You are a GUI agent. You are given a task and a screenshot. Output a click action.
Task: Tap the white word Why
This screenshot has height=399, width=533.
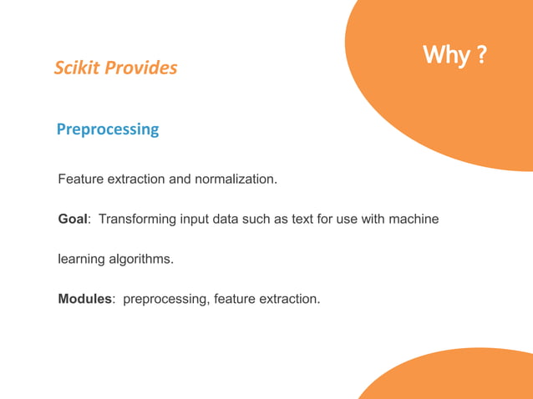[x=445, y=56]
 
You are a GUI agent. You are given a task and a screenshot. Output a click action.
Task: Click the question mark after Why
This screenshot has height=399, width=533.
[x=481, y=56]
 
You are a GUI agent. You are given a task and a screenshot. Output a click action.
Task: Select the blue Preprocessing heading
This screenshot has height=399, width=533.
[x=107, y=130]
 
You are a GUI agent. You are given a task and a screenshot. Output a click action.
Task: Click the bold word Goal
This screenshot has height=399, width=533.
[x=73, y=220]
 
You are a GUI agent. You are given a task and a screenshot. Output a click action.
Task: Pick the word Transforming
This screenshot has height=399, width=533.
[x=136, y=220]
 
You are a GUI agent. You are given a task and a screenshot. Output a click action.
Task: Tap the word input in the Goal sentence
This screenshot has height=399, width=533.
[x=191, y=220]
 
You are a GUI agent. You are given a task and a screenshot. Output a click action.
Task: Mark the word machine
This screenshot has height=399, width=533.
[x=414, y=220]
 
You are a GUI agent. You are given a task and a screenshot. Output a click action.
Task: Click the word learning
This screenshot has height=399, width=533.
[x=81, y=260]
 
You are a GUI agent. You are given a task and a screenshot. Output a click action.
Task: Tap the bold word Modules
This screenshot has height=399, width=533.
[x=85, y=299]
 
